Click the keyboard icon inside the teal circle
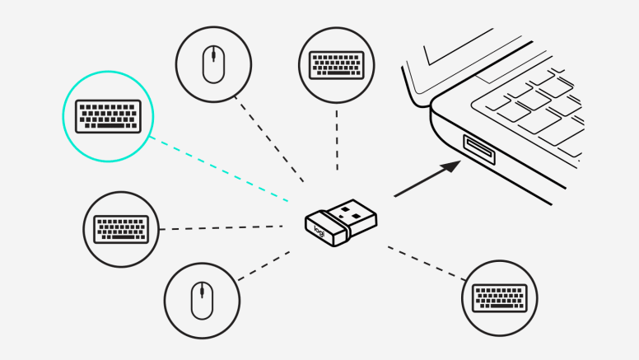point(107,116)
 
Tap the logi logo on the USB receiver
point(320,231)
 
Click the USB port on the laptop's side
point(478,148)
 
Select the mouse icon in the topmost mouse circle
point(213,63)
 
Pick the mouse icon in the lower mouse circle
point(201,301)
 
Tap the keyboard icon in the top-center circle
point(336,64)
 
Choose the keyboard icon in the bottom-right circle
point(500,297)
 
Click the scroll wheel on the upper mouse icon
point(213,56)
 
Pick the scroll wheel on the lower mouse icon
point(201,292)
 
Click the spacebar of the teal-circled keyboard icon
point(108,127)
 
